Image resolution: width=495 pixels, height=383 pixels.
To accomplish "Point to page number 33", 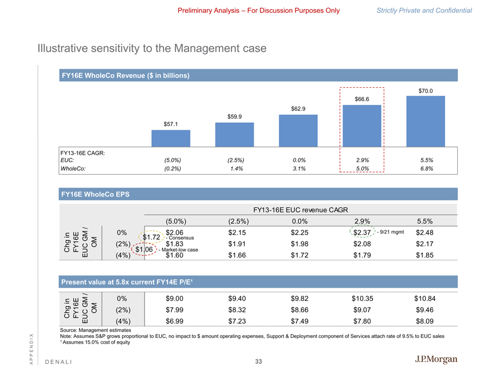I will [258, 361].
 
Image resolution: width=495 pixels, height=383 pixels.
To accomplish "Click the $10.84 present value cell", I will [425, 298].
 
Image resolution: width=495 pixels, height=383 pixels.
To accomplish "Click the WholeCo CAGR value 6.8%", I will [425, 168].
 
